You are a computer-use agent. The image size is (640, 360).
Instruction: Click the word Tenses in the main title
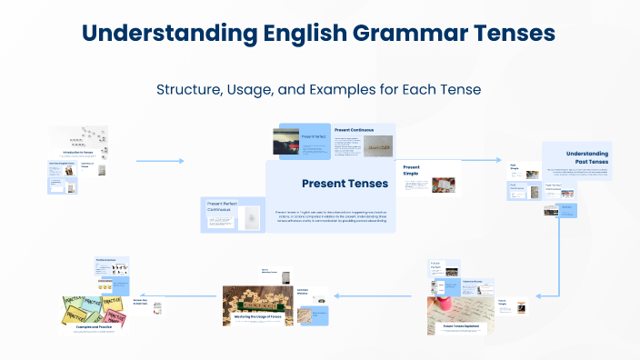(509, 34)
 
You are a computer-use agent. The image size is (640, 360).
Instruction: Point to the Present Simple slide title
(412, 171)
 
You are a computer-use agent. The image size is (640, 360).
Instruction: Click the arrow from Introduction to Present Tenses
(160, 161)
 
